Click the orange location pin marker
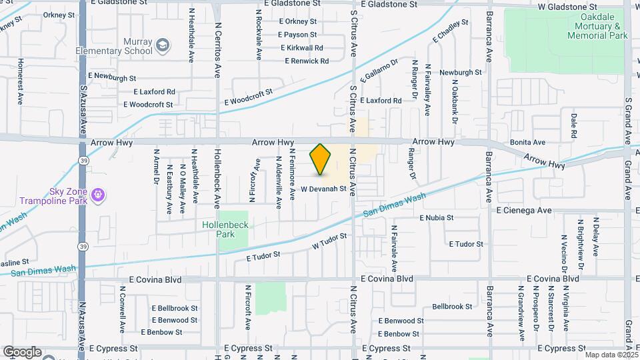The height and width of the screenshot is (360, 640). pos(321,159)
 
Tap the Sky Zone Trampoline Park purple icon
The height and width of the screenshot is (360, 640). pos(99,195)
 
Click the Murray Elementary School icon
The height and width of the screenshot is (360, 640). pos(162,45)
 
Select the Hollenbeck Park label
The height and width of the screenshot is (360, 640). pos(225,229)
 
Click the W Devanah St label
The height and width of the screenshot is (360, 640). pos(325,189)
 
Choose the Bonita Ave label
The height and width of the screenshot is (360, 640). pos(527,142)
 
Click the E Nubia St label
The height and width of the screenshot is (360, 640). pos(436,217)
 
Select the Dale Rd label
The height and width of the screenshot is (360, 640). pos(573,125)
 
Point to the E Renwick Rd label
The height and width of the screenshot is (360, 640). pos(307,61)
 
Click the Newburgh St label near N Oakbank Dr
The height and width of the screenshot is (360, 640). pos(460,72)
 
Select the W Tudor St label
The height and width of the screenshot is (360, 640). pos(330,241)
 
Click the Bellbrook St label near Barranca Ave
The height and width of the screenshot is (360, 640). pos(452,307)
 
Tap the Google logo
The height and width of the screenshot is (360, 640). pos(22,351)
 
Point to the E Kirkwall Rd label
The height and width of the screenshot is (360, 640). pos(302,48)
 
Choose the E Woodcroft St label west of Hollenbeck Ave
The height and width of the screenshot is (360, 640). pos(148,105)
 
